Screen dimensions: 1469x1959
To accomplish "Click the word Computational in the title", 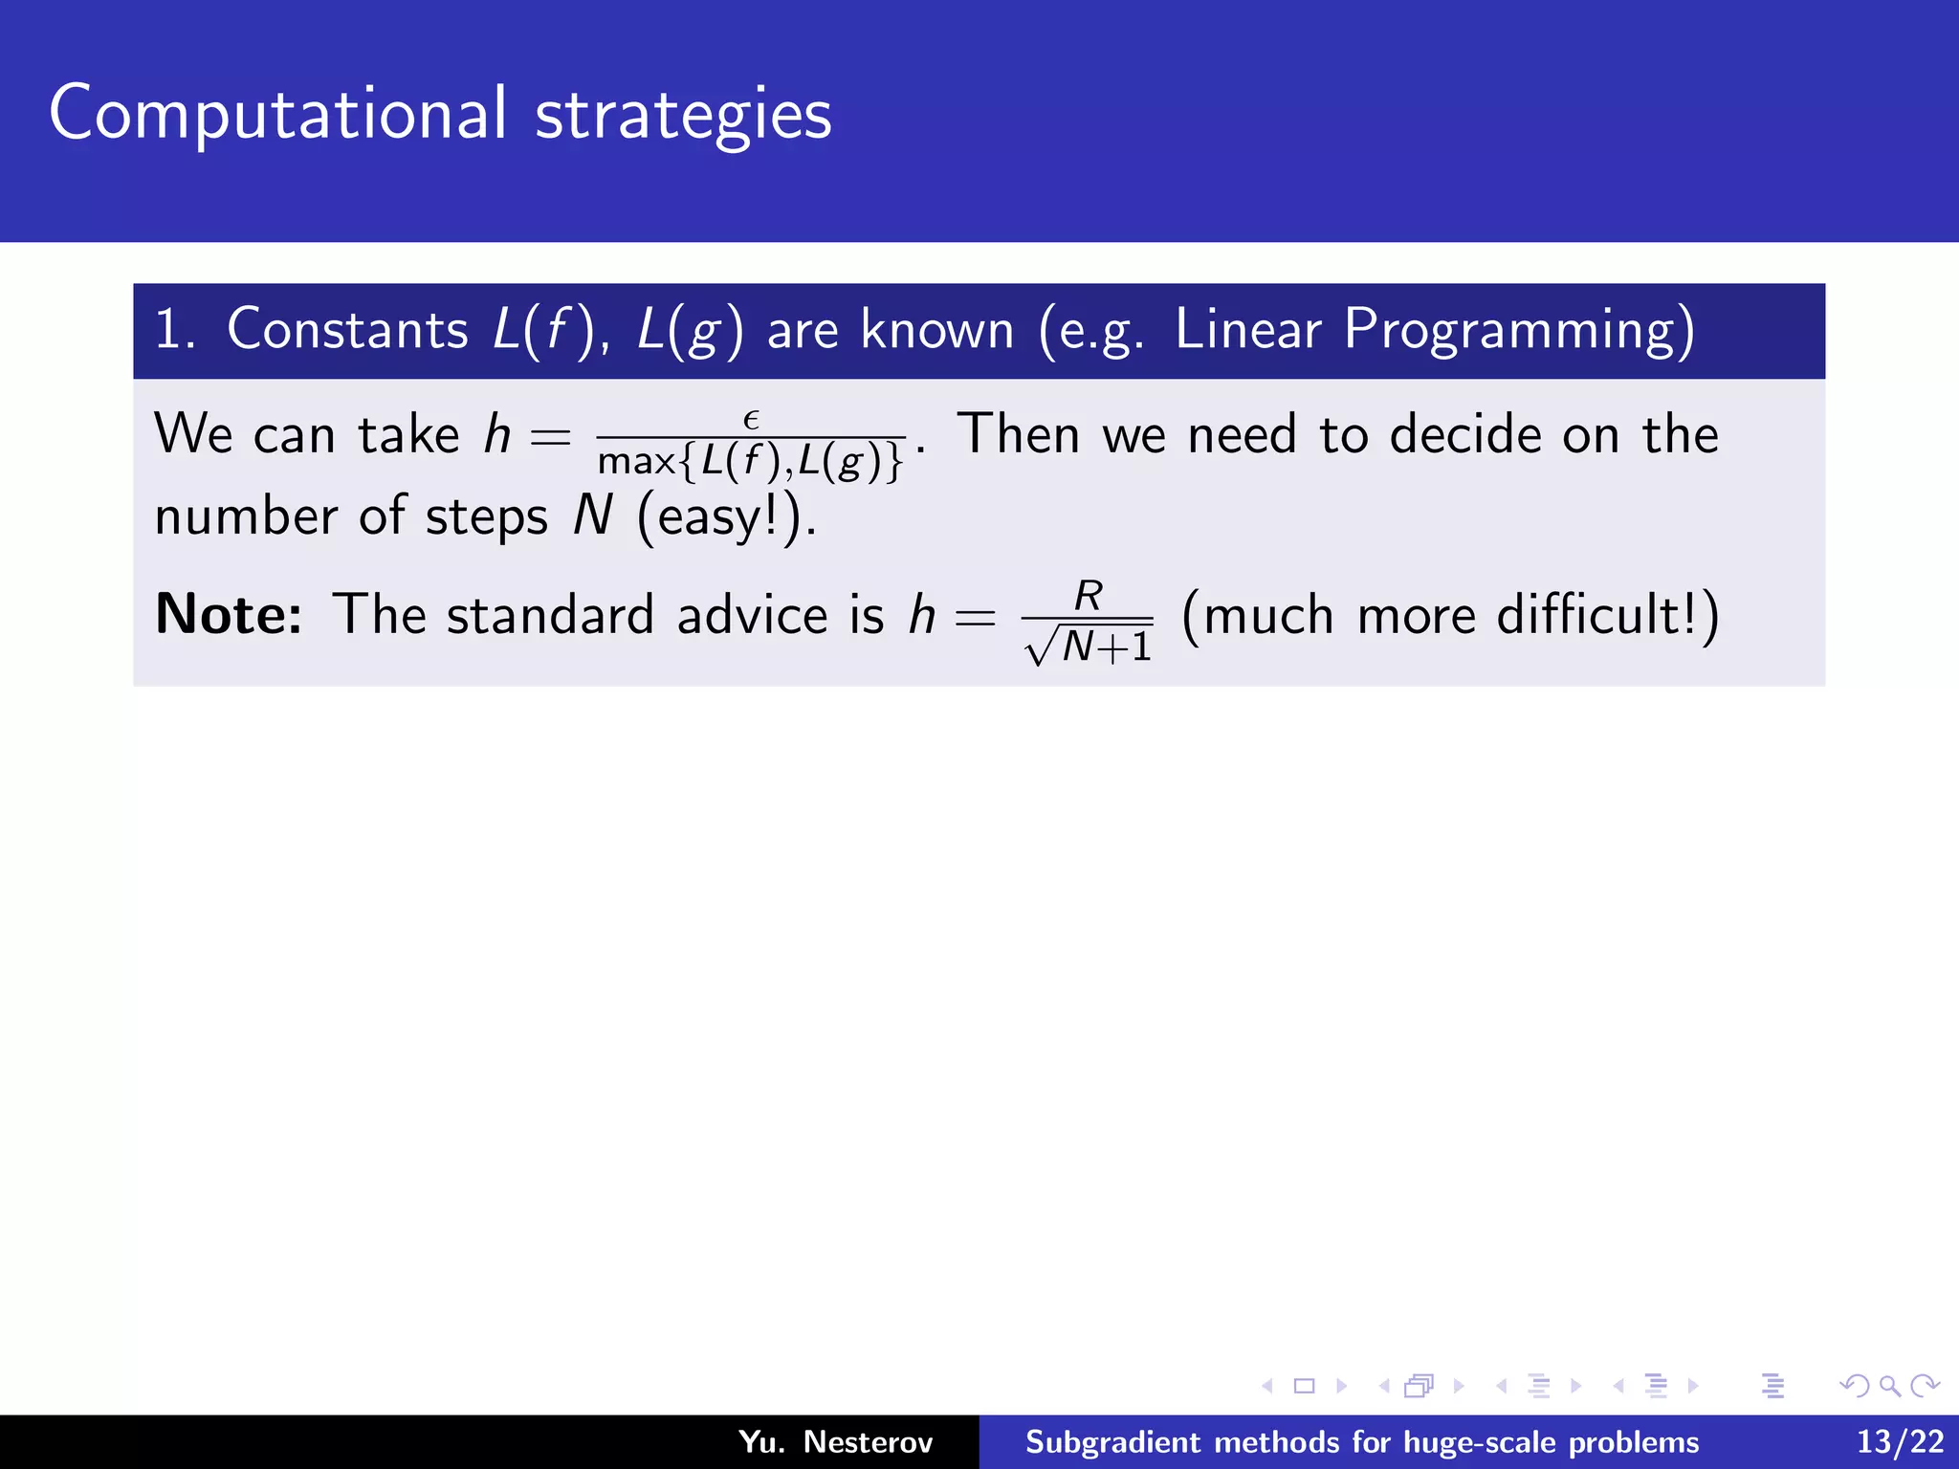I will coord(277,115).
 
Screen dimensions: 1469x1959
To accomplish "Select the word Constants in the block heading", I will coord(347,330).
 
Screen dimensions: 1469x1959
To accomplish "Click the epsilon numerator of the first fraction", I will coord(751,419).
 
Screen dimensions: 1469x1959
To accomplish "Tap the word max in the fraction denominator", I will coord(636,462).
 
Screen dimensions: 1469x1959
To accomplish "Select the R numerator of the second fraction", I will coord(1089,596).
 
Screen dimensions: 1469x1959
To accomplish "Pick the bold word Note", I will coord(229,614).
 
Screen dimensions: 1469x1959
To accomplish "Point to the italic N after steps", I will coord(592,516).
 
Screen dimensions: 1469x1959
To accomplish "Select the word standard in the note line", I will coord(550,614).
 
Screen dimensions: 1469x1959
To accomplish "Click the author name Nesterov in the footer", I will coord(868,1441).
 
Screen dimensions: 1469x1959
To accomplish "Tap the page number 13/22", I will coord(1900,1441).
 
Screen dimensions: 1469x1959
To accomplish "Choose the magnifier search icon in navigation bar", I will coord(1889,1386).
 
